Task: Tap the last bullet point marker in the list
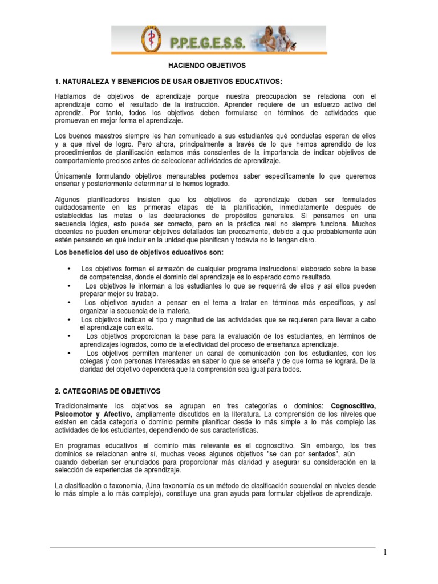(69, 353)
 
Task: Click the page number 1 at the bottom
(386, 552)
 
